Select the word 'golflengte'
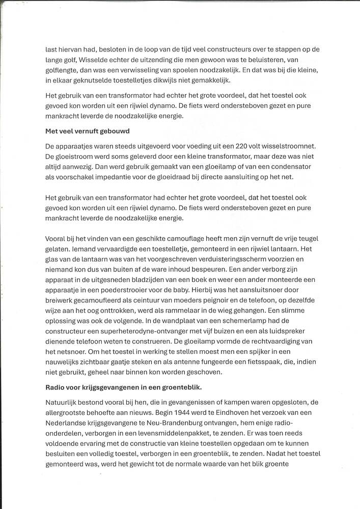click(63, 71)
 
